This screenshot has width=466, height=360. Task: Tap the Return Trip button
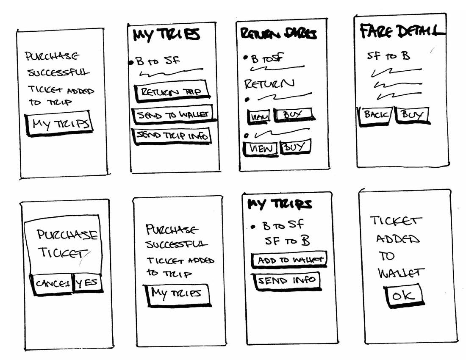tap(171, 92)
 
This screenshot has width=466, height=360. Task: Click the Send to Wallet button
tap(172, 115)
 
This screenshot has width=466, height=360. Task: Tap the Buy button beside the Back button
tap(412, 115)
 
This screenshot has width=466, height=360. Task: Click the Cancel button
tap(51, 283)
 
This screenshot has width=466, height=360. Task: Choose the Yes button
tap(88, 283)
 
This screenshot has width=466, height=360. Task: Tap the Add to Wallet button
tap(289, 260)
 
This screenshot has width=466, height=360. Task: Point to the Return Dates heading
tap(279, 34)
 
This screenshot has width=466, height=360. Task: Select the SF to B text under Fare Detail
tap(389, 55)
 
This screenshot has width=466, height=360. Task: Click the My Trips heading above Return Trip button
tap(166, 35)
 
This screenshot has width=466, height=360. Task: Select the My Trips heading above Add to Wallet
tap(280, 204)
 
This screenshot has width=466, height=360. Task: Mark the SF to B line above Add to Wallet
tap(287, 241)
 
